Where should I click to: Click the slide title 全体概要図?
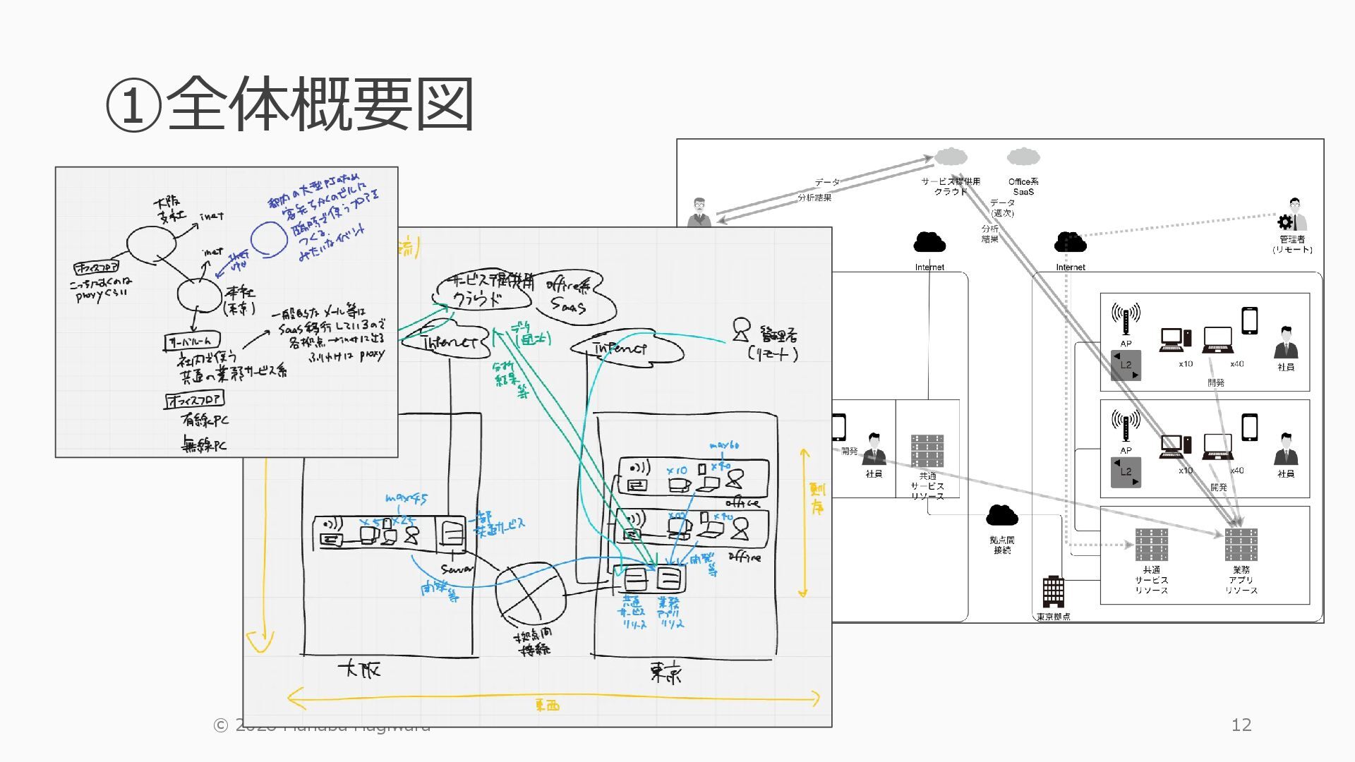[x=289, y=104]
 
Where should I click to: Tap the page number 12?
[x=1241, y=725]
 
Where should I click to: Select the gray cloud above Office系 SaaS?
[x=1023, y=157]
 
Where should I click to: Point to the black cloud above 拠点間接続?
[x=1001, y=516]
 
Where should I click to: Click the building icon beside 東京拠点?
[x=1053, y=591]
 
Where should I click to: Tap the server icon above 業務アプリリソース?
[x=1241, y=545]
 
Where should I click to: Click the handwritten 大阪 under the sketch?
[x=359, y=669]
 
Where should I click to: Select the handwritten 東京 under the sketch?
[x=666, y=674]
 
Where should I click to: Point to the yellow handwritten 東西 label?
[x=547, y=705]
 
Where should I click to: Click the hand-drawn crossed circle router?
[x=530, y=591]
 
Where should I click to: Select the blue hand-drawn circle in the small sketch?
[x=269, y=238]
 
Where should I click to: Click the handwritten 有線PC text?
[x=205, y=421]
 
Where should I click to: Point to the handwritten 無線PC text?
[x=204, y=445]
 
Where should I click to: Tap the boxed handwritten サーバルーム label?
[x=192, y=342]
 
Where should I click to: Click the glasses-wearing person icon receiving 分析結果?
[x=699, y=212]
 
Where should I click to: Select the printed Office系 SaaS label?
[x=1023, y=186]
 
